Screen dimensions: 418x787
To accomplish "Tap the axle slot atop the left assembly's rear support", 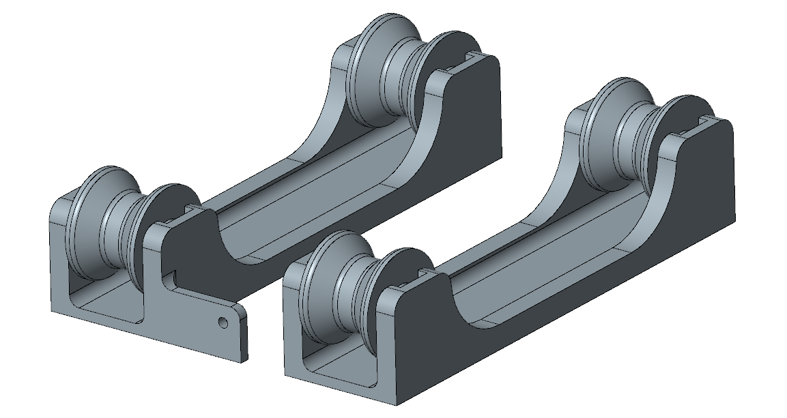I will point(470,55).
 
